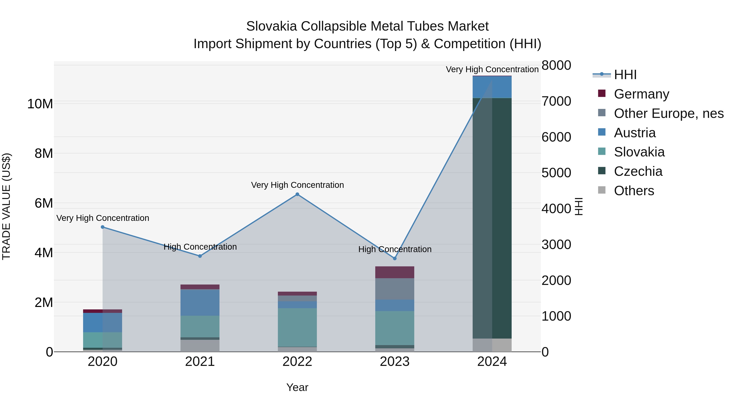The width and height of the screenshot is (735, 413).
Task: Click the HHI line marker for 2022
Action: (297, 194)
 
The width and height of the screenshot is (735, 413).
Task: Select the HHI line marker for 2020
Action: (103, 227)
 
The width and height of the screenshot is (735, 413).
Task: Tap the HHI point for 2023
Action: (395, 259)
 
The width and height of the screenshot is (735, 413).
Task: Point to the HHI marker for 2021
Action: (200, 256)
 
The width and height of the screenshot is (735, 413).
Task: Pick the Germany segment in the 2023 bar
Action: (395, 272)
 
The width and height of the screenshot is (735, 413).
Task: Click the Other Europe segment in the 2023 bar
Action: (395, 289)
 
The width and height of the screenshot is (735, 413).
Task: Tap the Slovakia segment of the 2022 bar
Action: (297, 327)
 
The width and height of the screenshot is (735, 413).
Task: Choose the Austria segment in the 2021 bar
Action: (200, 302)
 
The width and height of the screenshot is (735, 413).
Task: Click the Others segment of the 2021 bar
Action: (200, 345)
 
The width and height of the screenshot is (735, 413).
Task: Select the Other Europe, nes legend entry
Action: (668, 113)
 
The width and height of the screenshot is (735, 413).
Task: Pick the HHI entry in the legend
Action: (625, 75)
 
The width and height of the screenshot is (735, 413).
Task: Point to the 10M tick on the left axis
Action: (40, 104)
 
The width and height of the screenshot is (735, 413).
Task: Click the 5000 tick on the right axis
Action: (556, 173)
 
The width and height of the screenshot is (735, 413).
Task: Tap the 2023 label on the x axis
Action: (395, 362)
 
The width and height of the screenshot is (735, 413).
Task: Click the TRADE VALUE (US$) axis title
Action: (7, 206)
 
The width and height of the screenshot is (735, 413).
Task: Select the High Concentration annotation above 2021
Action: (200, 247)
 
